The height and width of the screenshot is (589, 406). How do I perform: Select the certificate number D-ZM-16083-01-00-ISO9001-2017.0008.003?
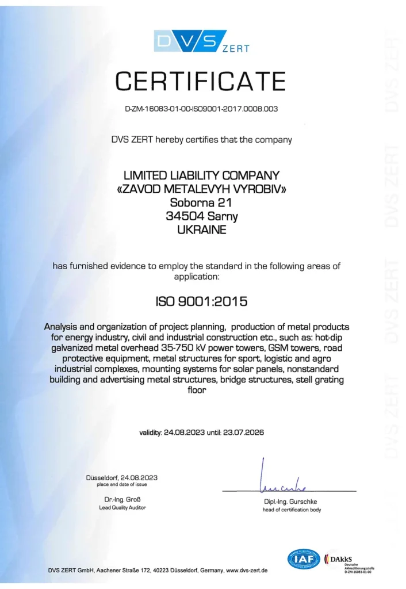pos(201,109)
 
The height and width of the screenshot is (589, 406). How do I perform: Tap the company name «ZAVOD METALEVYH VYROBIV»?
pos(201,189)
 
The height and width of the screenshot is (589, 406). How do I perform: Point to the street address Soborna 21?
pos(201,202)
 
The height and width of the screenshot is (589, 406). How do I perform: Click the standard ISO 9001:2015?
pos(201,300)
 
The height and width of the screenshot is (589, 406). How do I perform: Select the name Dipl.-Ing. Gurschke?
pos(292,501)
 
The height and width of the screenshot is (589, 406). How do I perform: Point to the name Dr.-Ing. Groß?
pos(122,498)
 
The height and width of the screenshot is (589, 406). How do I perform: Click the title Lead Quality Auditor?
pos(122,507)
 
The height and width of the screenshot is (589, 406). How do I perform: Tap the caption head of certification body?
pos(292,510)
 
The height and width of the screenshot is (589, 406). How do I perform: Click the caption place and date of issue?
pos(122,484)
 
